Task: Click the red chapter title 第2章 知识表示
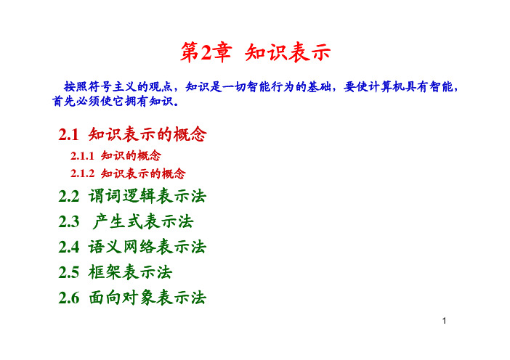coord(256,52)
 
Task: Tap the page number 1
coord(444,321)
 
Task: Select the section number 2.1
coord(68,134)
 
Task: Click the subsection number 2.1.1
coord(82,156)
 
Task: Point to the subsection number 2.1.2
coord(82,173)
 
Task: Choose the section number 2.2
coord(68,197)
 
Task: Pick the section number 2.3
coord(68,222)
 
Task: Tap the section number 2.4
coord(68,247)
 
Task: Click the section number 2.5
coord(68,272)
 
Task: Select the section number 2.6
coord(68,298)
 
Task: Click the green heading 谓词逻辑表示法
coord(147,196)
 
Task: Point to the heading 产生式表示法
coord(143,221)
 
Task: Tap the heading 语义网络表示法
coord(147,247)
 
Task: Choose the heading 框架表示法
coord(130,272)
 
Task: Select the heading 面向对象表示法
coord(147,298)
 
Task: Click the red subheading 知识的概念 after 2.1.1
coord(131,155)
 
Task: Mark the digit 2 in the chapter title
coord(206,53)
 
